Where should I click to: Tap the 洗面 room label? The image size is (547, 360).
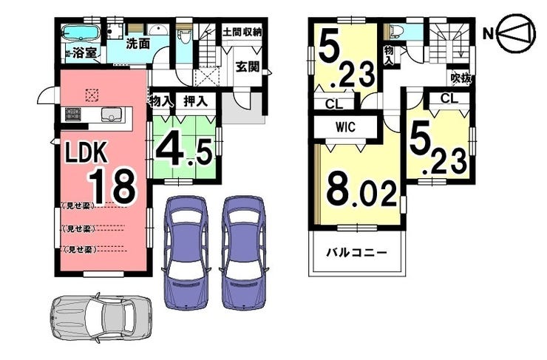pyautogui.click(x=137, y=44)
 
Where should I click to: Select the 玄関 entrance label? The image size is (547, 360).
pyautogui.click(x=247, y=64)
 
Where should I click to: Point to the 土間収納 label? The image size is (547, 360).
pyautogui.click(x=242, y=32)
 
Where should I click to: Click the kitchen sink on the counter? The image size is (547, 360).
pyautogui.click(x=111, y=115)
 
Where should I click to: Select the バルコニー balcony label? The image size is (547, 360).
pyautogui.click(x=357, y=253)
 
